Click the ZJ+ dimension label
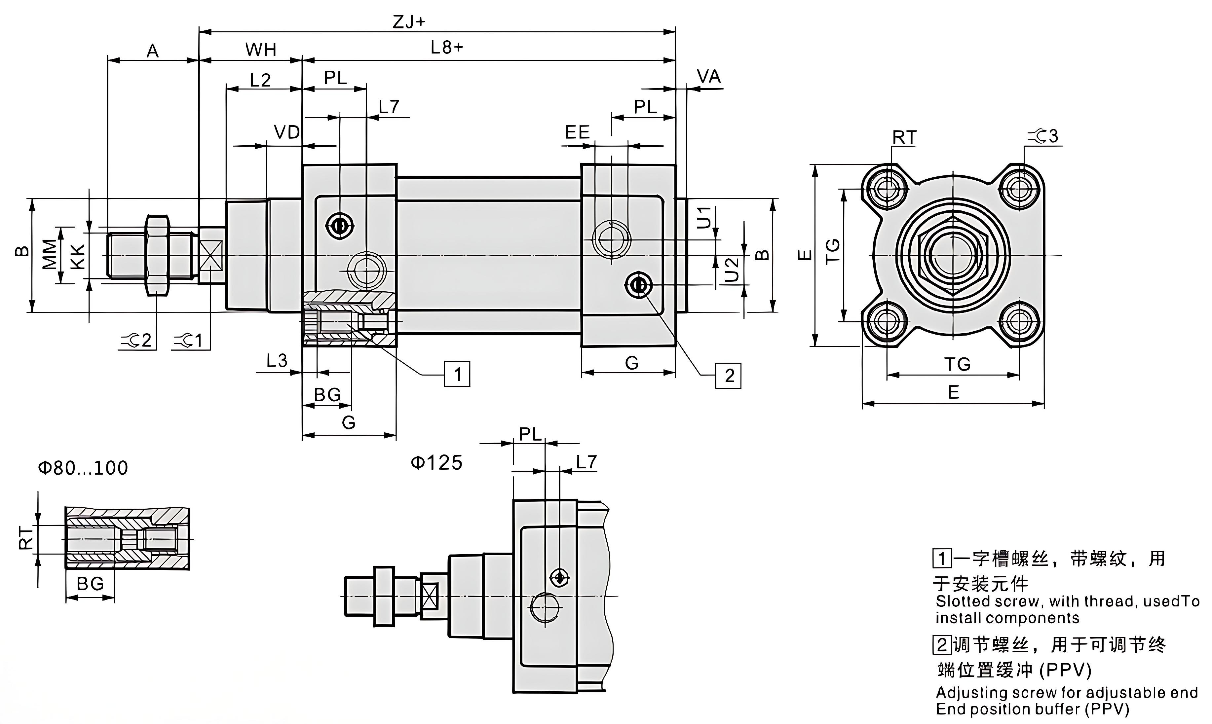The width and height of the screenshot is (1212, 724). (409, 22)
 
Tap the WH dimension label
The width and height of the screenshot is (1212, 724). (261, 50)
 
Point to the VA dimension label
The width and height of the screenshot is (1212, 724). (708, 77)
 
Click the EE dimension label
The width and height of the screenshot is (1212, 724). (577, 132)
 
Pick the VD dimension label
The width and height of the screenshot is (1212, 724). (286, 132)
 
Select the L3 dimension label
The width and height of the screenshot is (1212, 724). (277, 361)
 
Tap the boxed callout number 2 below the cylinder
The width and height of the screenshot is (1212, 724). (729, 376)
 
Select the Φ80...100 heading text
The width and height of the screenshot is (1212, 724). (83, 468)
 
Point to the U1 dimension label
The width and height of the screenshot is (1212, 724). (703, 218)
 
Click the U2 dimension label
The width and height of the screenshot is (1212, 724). (731, 270)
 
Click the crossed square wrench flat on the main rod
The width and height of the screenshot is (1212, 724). (211, 256)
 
